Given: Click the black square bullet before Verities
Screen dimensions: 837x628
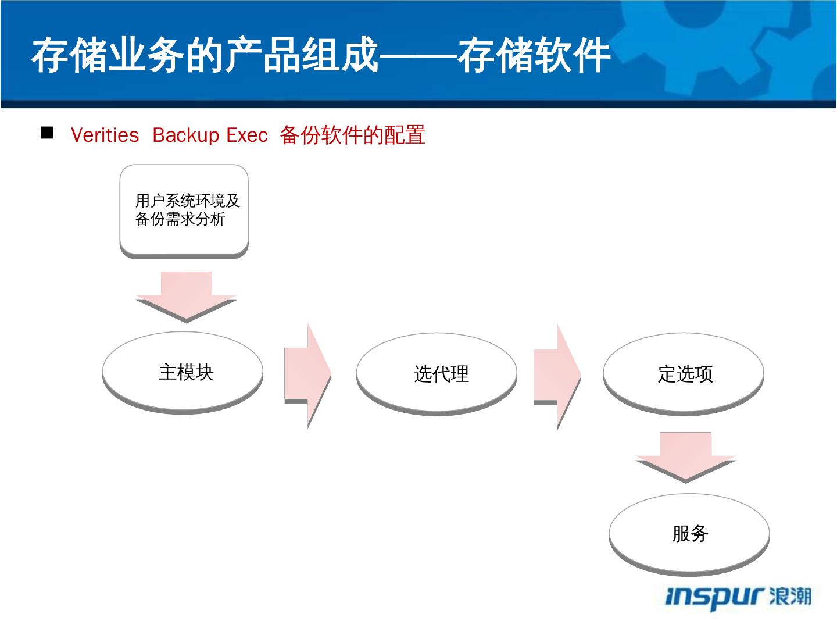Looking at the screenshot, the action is tap(47, 133).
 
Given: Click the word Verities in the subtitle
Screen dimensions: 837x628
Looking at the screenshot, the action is tap(105, 135).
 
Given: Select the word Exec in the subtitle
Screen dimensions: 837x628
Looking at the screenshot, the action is tap(247, 135).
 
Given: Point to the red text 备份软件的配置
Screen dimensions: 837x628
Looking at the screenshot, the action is tap(352, 135).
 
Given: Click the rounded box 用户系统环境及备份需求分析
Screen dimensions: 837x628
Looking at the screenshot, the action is tap(184, 210).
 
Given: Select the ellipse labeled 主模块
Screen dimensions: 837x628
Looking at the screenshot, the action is tap(183, 372).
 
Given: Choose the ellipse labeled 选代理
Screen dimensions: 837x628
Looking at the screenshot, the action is tap(437, 373).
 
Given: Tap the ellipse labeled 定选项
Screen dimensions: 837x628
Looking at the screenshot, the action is tap(684, 373).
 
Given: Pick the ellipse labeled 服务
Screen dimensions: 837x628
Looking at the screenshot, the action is tap(689, 533).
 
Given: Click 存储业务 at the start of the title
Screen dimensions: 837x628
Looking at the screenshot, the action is tap(108, 56).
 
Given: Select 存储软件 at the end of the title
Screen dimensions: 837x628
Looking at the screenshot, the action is tap(534, 56).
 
